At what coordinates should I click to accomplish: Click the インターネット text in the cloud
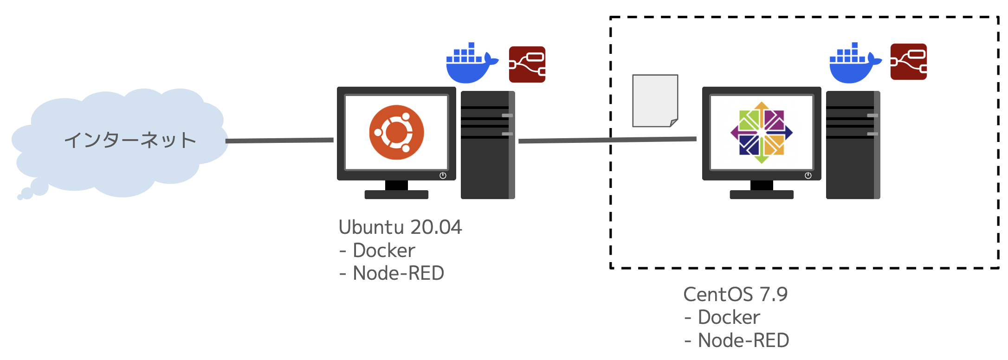pyautogui.click(x=130, y=140)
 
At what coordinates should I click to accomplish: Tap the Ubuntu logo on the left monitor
pyautogui.click(x=396, y=132)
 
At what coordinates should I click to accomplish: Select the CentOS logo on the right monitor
pyautogui.click(x=762, y=133)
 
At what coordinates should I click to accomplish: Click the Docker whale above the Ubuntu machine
pyautogui.click(x=472, y=63)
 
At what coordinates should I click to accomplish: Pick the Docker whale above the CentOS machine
pyautogui.click(x=855, y=63)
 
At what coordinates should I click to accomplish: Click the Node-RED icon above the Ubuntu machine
pyautogui.click(x=527, y=64)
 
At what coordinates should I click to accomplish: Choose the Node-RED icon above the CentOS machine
pyautogui.click(x=909, y=62)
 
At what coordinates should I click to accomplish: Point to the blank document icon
pyautogui.click(x=655, y=101)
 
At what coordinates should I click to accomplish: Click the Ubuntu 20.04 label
pyautogui.click(x=401, y=227)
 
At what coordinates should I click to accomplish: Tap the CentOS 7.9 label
pyautogui.click(x=736, y=295)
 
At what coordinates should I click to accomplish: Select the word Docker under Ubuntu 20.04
pyautogui.click(x=384, y=251)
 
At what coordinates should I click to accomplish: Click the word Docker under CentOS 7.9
pyautogui.click(x=729, y=317)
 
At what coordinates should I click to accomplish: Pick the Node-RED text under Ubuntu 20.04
pyautogui.click(x=398, y=273)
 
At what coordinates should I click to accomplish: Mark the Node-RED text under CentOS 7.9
pyautogui.click(x=743, y=341)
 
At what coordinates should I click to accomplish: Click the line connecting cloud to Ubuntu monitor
pyautogui.click(x=279, y=140)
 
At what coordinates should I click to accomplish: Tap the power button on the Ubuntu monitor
pyautogui.click(x=443, y=175)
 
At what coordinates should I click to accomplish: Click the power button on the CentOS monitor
pyautogui.click(x=808, y=175)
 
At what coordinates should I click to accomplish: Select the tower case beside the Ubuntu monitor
pyautogui.click(x=488, y=145)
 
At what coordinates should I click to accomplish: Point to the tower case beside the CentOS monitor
pyautogui.click(x=853, y=145)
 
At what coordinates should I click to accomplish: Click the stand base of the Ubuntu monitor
pyautogui.click(x=396, y=195)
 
